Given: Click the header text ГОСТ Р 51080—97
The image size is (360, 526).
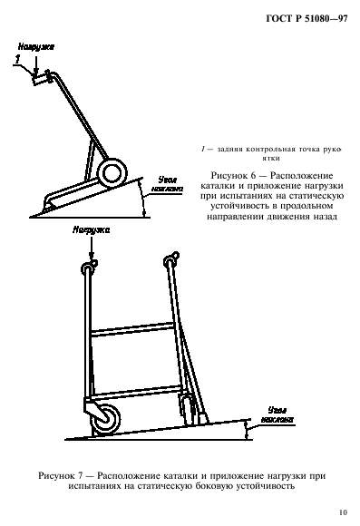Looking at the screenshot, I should [x=303, y=19].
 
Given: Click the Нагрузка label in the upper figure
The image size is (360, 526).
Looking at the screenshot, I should [x=35, y=44].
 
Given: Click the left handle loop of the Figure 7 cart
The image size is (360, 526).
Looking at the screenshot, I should [x=89, y=266].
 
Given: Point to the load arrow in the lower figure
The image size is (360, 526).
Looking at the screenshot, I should [x=89, y=250].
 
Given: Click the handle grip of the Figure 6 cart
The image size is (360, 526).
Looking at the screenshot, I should [x=40, y=80].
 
